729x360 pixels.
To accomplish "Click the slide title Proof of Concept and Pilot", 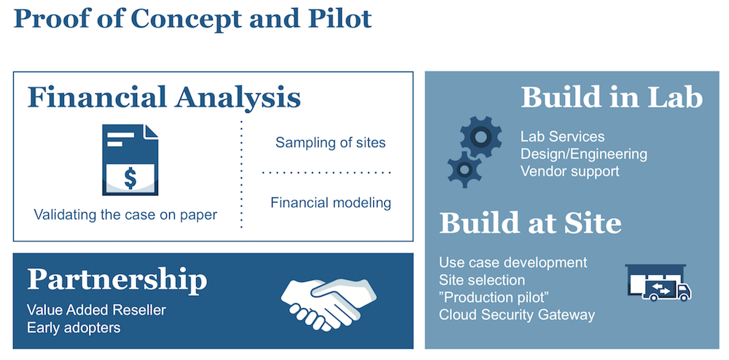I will click(x=192, y=18).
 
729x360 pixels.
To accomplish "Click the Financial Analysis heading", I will click(x=164, y=98).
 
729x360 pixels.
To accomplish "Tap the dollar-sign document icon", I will click(x=130, y=160).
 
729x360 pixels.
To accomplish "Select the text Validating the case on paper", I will click(x=125, y=215).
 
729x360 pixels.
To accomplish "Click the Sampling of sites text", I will click(x=330, y=142).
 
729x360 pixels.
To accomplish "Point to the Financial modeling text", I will click(x=330, y=203).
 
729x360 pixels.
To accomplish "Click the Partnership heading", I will click(x=117, y=280).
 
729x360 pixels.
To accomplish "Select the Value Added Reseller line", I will click(x=96, y=310).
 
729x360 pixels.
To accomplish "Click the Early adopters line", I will click(x=74, y=328).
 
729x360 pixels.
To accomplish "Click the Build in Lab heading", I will click(x=612, y=98).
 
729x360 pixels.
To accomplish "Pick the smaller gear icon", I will click(x=464, y=168).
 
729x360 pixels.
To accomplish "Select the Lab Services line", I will click(x=562, y=136).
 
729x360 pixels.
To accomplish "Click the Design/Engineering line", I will click(x=583, y=154).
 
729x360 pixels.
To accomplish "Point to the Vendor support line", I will click(x=569, y=171).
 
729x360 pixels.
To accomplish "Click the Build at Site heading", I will click(x=530, y=224).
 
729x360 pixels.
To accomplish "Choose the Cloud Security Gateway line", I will click(x=517, y=315).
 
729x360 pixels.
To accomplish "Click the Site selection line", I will click(x=482, y=280).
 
